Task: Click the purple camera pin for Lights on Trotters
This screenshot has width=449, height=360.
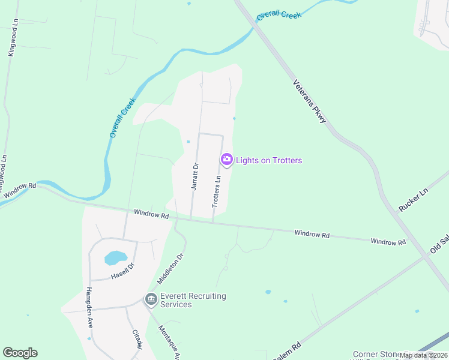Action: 227,160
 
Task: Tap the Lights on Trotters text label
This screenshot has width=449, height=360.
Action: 269,160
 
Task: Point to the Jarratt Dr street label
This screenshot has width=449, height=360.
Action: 194,176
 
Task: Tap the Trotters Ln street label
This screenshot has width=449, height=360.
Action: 217,191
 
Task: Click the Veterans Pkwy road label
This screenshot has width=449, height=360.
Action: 310,102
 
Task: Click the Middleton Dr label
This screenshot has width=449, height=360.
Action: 170,268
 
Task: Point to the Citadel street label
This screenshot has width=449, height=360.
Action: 136,340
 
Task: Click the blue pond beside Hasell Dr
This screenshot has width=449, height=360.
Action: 116,258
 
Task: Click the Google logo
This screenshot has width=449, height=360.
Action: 20,353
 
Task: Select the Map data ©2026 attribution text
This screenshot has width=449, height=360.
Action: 423,355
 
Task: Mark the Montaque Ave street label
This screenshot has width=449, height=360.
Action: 169,344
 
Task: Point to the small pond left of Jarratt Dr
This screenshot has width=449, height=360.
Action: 188,142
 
